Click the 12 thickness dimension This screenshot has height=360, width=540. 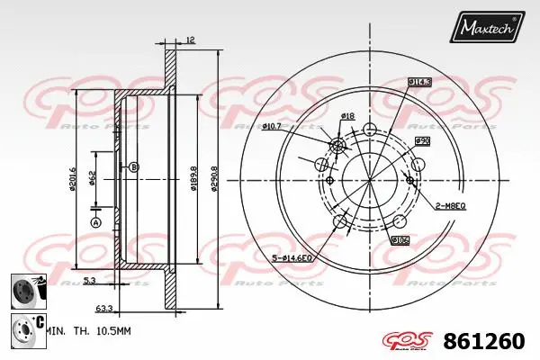(x=190, y=40)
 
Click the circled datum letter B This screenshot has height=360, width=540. (x=134, y=167)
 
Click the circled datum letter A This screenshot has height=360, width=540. (x=96, y=222)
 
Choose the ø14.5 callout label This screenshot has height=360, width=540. (x=419, y=82)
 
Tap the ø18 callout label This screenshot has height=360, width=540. (x=347, y=116)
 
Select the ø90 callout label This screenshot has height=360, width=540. (x=421, y=141)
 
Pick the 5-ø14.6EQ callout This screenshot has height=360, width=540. (x=292, y=259)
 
